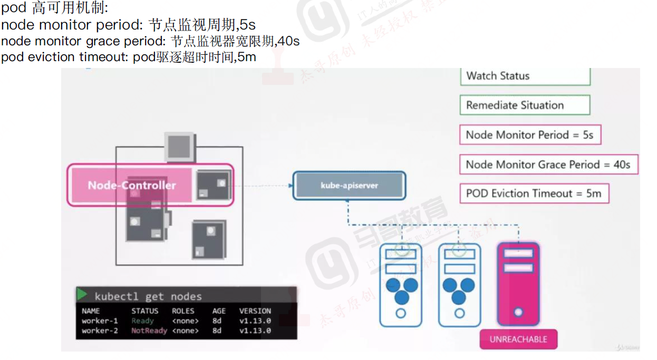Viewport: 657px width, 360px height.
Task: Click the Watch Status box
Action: click(525, 76)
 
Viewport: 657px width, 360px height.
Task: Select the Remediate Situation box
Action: click(525, 105)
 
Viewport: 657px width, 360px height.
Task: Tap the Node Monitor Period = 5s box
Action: click(529, 135)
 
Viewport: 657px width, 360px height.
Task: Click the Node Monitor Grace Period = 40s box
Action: click(548, 164)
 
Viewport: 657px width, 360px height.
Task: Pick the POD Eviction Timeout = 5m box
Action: click(534, 193)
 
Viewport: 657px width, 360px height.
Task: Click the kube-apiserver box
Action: click(349, 186)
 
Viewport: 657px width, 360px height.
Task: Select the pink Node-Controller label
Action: click(132, 185)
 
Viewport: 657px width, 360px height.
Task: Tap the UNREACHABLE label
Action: click(518, 339)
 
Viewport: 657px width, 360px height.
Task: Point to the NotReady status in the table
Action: click(149, 331)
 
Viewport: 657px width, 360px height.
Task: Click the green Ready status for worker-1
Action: click(142, 321)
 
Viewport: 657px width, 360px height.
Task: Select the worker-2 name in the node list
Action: click(100, 331)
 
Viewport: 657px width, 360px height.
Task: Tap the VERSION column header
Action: click(255, 311)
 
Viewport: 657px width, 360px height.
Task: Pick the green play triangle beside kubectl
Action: click(82, 295)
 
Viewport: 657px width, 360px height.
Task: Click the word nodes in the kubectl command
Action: click(186, 297)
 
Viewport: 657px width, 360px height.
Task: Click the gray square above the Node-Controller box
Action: click(181, 145)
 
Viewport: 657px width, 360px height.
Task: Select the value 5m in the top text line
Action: click(247, 57)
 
